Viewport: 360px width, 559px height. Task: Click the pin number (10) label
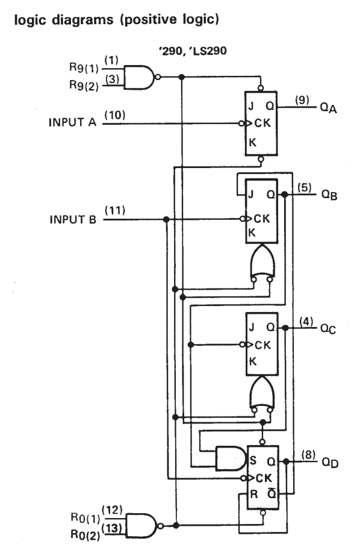pyautogui.click(x=115, y=115)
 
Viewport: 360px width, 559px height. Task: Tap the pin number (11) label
pyautogui.click(x=115, y=210)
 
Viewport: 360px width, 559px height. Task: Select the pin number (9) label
pyautogui.click(x=302, y=100)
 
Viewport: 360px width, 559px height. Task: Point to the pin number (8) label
pyautogui.click(x=308, y=455)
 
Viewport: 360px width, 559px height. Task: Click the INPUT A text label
pyautogui.click(x=72, y=122)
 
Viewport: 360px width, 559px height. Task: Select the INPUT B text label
pyautogui.click(x=73, y=219)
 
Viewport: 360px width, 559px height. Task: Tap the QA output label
pyautogui.click(x=328, y=107)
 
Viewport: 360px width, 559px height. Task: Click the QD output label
pyautogui.click(x=330, y=463)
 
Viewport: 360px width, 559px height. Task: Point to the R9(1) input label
pyautogui.click(x=84, y=67)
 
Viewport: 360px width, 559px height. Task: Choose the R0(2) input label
pyautogui.click(x=85, y=535)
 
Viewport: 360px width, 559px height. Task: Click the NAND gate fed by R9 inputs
pyautogui.click(x=141, y=77)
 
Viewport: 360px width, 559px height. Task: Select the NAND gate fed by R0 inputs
pyautogui.click(x=144, y=525)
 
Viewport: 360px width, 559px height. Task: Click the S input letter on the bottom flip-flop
pyautogui.click(x=253, y=460)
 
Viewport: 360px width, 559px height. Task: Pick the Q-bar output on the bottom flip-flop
pyautogui.click(x=272, y=494)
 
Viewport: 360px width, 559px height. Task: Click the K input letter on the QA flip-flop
pyautogui.click(x=252, y=142)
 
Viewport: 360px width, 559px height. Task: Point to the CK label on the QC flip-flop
pyautogui.click(x=262, y=345)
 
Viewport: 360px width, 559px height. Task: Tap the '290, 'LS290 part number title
pyautogui.click(x=193, y=51)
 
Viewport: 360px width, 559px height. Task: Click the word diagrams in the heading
pyautogui.click(x=82, y=20)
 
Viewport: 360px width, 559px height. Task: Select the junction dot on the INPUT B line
pyautogui.click(x=166, y=219)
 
